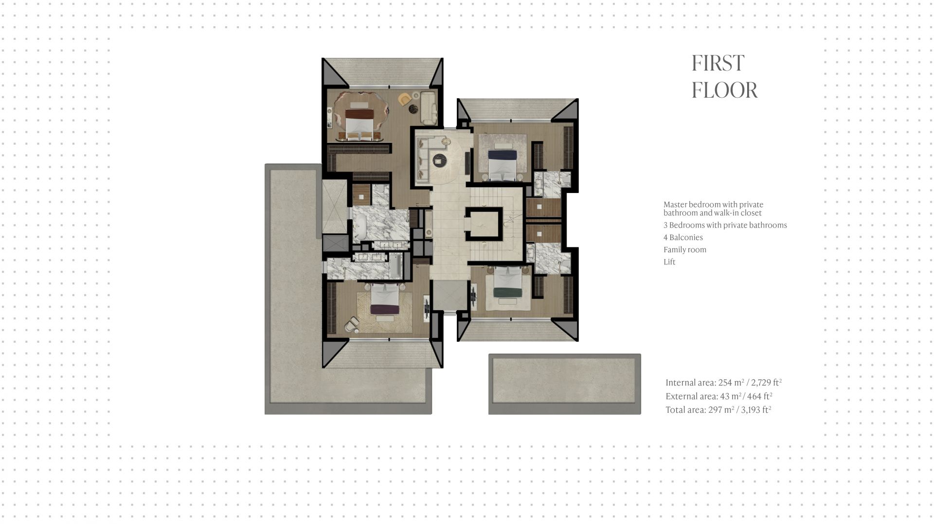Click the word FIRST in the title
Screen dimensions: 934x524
click(718, 63)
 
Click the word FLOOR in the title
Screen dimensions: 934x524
click(725, 90)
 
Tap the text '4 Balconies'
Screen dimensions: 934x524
click(683, 237)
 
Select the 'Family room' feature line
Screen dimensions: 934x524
click(685, 249)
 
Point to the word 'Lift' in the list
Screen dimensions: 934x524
click(669, 262)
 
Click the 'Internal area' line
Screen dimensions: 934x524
click(723, 382)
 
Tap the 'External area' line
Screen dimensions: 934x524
click(719, 396)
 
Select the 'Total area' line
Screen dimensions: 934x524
click(718, 409)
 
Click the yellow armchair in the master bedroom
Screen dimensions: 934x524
click(404, 99)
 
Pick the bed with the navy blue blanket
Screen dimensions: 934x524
click(502, 163)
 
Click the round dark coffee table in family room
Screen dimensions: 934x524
click(440, 159)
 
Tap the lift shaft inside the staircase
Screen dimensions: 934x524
click(484, 224)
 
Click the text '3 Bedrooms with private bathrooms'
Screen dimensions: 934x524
click(725, 225)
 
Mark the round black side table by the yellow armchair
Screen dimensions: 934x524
click(414, 109)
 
